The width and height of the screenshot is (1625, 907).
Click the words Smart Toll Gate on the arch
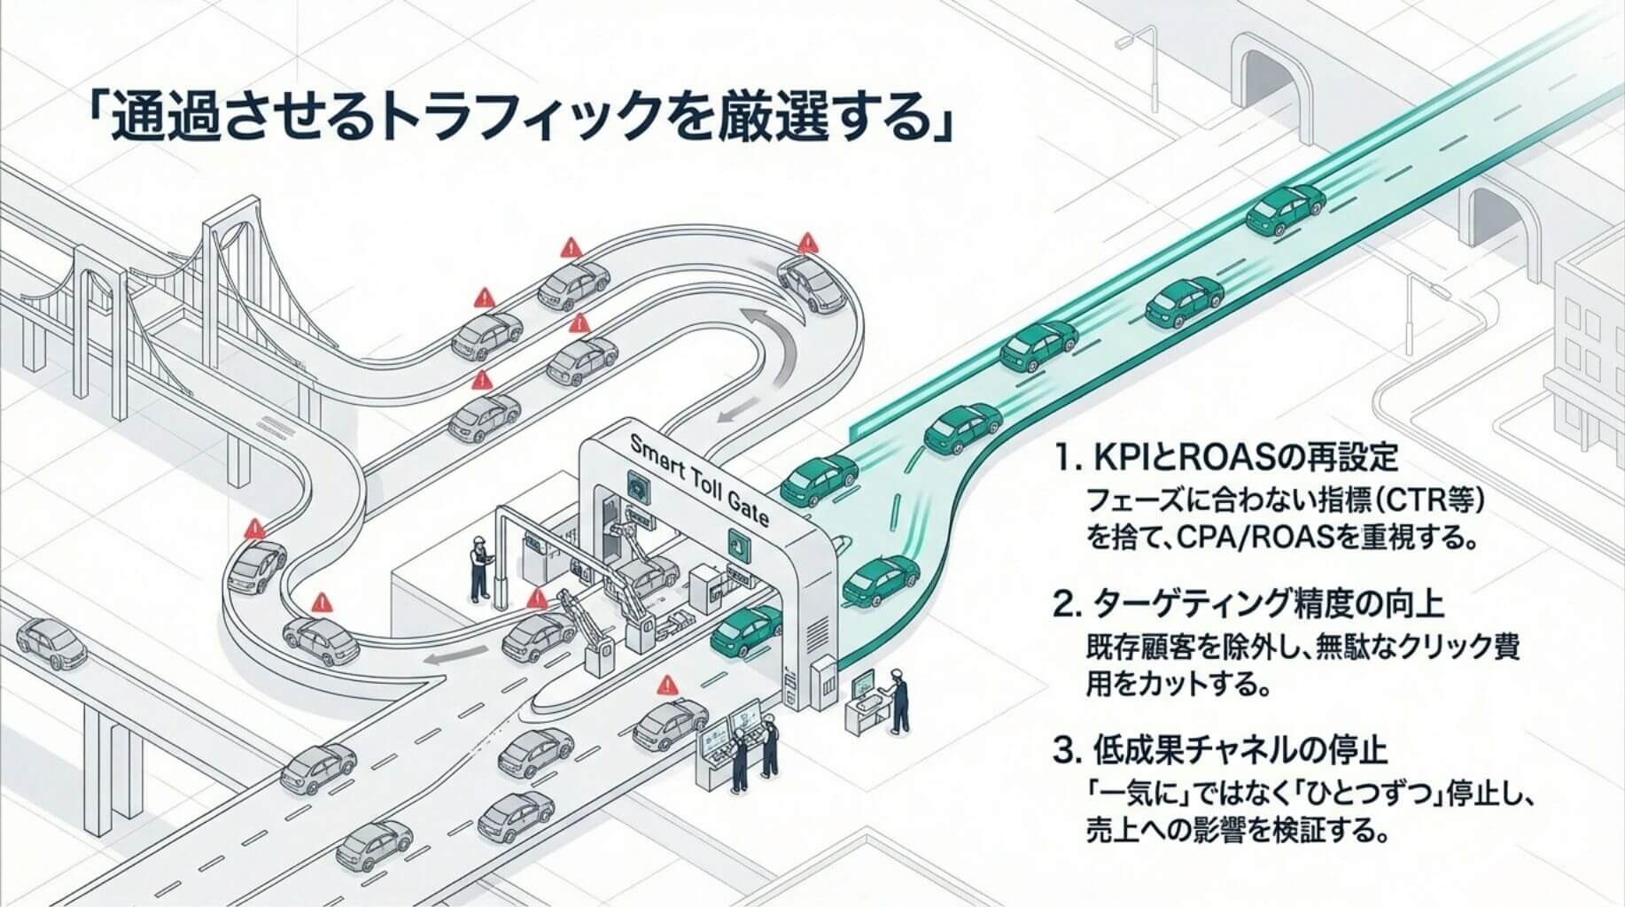(696, 484)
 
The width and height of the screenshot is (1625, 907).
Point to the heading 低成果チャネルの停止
(1219, 751)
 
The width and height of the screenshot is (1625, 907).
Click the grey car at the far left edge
(51, 643)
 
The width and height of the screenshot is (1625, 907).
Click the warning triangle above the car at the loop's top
(806, 242)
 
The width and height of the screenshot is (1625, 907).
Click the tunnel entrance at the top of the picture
(1277, 84)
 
